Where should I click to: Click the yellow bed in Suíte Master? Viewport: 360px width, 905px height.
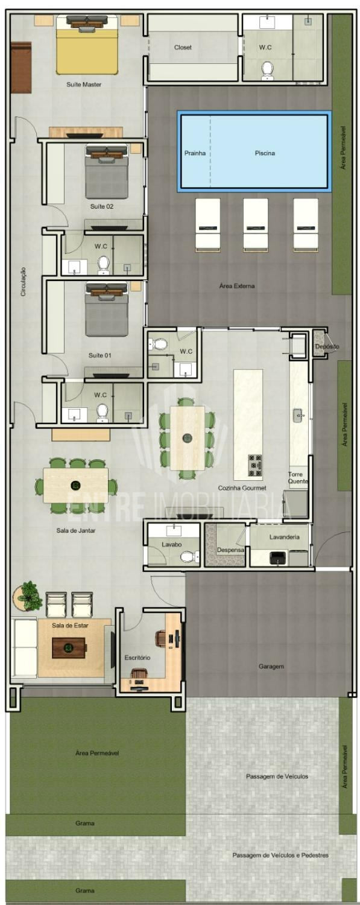87,45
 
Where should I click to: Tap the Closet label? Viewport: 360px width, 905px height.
183,47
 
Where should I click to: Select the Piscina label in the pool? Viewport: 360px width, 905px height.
265,153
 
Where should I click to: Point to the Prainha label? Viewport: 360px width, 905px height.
195,153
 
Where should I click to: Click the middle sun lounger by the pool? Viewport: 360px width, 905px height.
256,225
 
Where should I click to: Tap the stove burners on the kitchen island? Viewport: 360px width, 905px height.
254,465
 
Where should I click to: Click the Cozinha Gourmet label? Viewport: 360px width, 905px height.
242,488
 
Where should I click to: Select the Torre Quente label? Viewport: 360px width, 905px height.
298,478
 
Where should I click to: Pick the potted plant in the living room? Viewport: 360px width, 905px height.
28,596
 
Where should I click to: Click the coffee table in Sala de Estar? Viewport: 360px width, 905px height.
69,648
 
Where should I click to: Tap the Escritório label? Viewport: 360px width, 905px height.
137,658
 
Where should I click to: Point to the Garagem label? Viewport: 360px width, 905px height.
271,667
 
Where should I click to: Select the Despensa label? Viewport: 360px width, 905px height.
230,550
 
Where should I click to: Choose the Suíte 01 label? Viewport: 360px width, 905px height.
99,355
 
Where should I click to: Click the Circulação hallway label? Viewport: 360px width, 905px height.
23,282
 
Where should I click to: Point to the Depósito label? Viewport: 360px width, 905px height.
327,347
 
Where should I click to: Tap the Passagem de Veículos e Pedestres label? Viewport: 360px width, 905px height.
280,856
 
